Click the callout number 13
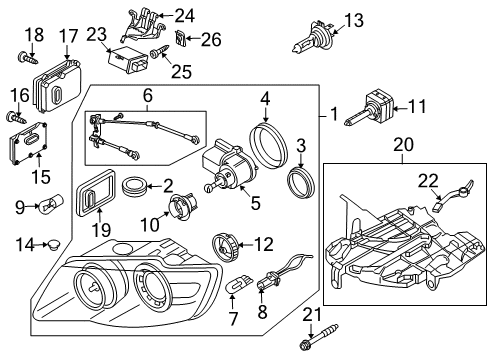354,21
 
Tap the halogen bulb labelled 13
312,36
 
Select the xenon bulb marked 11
369,109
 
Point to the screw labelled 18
28,58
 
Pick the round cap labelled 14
52,244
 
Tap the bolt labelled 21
319,337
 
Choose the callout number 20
403,145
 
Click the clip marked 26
180,37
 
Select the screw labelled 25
159,52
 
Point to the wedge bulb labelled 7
239,282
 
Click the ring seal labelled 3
301,183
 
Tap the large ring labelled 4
268,142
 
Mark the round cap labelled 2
134,186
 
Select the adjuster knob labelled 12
224,248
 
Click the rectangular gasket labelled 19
96,193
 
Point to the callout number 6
147,96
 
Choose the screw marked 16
16,118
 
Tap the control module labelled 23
128,60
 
